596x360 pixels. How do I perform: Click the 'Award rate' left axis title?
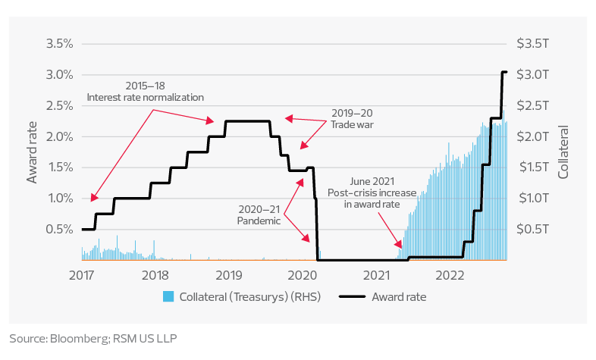coord(33,152)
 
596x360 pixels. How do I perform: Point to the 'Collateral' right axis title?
coord(563,152)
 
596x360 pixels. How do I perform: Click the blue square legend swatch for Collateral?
coord(169,296)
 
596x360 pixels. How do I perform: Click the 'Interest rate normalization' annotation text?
coord(146,97)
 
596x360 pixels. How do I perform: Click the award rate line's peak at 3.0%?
coord(504,73)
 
